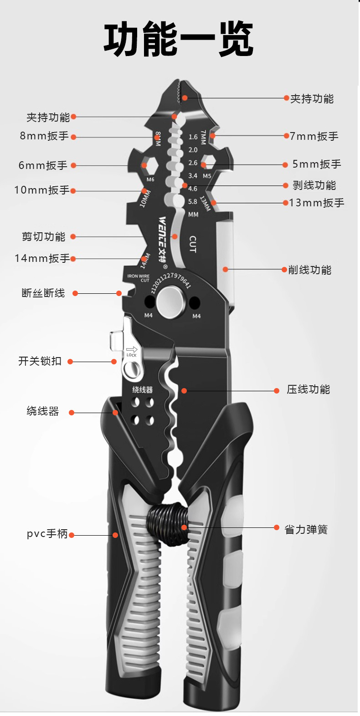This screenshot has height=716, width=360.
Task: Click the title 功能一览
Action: pyautogui.click(x=178, y=40)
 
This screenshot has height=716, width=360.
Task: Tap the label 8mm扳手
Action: pyautogui.click(x=44, y=136)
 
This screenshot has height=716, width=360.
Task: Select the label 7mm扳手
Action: pyautogui.click(x=314, y=136)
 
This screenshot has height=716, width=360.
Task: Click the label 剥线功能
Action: pyautogui.click(x=314, y=185)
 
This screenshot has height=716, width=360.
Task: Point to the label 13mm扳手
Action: pyautogui.click(x=317, y=203)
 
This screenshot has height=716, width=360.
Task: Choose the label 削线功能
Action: pyautogui.click(x=309, y=270)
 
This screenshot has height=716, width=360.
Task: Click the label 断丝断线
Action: pyautogui.click(x=43, y=293)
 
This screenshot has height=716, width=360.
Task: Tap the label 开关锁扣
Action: pyautogui.click(x=40, y=361)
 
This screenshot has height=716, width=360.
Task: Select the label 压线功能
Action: pyautogui.click(x=308, y=389)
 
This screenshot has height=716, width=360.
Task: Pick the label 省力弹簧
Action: pyautogui.click(x=306, y=529)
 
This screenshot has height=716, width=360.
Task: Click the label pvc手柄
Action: pyautogui.click(x=47, y=534)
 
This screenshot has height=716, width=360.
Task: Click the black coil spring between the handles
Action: pyautogui.click(x=167, y=524)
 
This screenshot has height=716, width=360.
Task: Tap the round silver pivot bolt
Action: pyautogui.click(x=172, y=301)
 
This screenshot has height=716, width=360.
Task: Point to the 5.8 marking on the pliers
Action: pyautogui.click(x=193, y=201)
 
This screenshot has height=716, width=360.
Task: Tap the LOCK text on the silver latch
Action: pyautogui.click(x=131, y=355)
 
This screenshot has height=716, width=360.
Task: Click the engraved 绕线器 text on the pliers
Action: pyautogui.click(x=142, y=389)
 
